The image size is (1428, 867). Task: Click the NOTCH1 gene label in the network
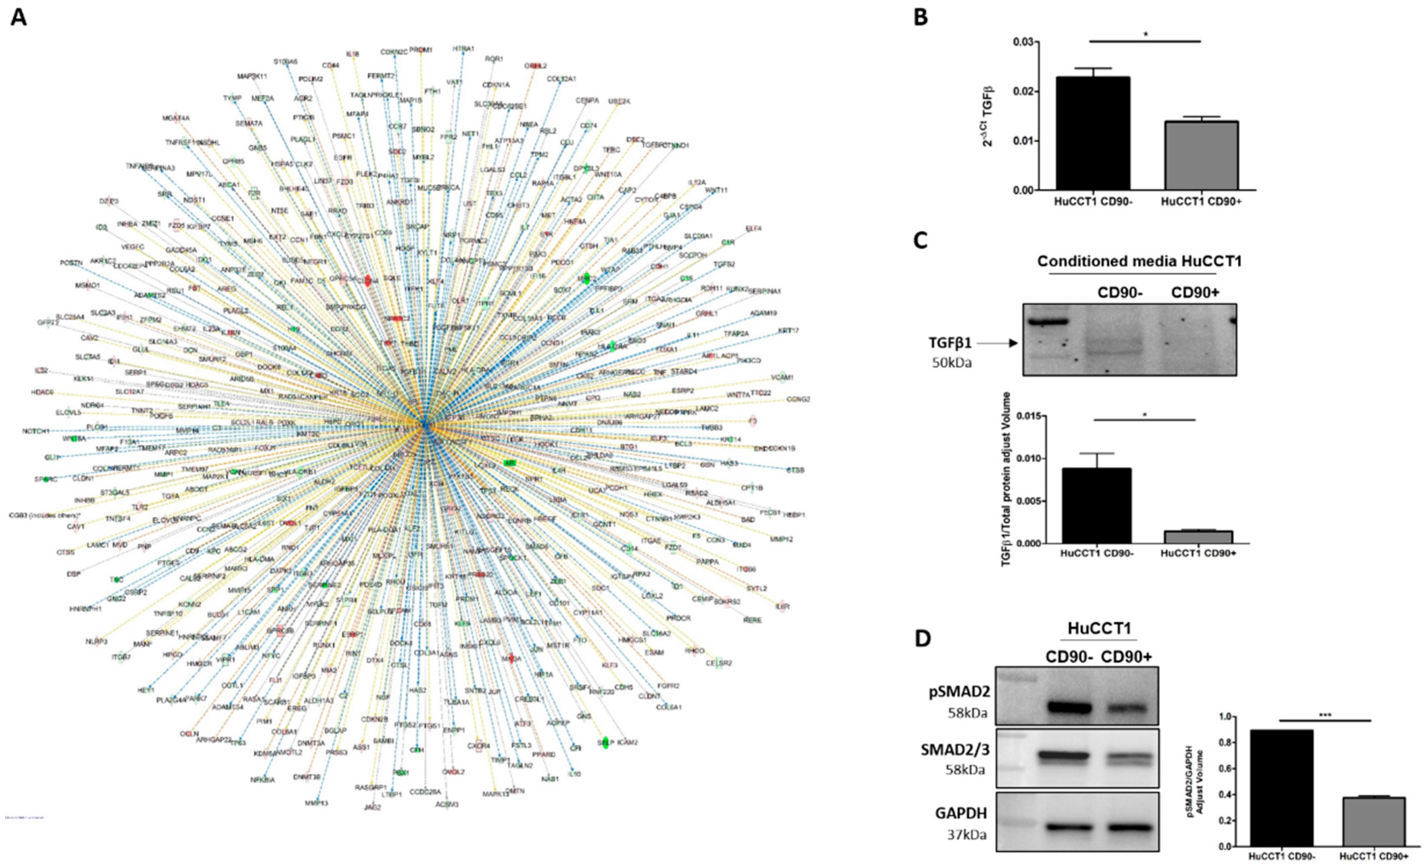point(36,431)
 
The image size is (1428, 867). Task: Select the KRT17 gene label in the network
point(788,331)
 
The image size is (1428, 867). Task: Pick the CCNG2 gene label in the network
point(798,399)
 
